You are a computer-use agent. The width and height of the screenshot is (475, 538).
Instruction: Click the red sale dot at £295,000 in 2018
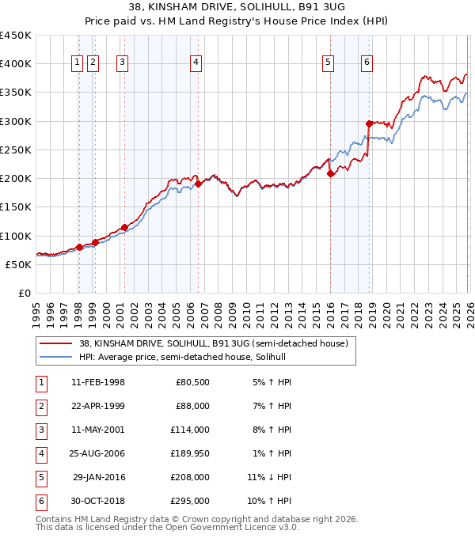[369, 123]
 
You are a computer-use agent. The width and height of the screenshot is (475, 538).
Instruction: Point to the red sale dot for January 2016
[330, 174]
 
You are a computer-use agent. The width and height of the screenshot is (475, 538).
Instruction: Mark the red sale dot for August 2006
[198, 184]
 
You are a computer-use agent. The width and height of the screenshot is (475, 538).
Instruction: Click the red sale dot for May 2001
[124, 228]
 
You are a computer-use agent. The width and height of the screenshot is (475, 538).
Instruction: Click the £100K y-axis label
[16, 236]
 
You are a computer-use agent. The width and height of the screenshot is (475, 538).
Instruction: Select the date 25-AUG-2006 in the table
[97, 454]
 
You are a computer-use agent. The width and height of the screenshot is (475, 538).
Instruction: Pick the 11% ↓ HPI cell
[269, 478]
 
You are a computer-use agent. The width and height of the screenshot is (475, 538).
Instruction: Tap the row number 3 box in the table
[40, 430]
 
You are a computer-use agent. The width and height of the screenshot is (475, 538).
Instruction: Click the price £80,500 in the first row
[192, 382]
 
